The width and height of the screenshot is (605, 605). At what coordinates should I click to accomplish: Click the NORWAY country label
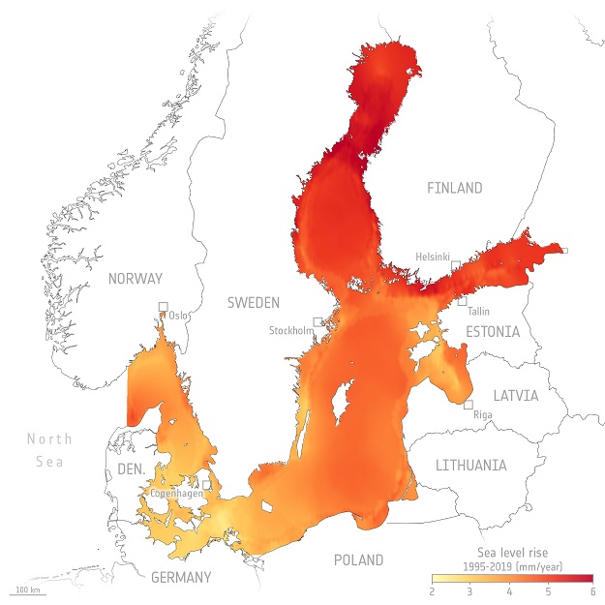(x=136, y=279)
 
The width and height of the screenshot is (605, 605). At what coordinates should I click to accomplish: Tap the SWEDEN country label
(x=254, y=303)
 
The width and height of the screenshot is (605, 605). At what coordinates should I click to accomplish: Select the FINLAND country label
(x=454, y=188)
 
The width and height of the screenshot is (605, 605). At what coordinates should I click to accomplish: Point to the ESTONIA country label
(x=493, y=332)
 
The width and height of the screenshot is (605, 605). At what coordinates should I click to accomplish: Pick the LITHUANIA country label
(x=470, y=466)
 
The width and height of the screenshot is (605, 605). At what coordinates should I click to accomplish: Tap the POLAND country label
(x=358, y=560)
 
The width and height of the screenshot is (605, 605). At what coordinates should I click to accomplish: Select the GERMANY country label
(x=181, y=578)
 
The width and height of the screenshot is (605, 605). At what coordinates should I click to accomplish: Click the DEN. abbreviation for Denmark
(x=131, y=469)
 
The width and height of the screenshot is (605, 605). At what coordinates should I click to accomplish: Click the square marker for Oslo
(x=164, y=309)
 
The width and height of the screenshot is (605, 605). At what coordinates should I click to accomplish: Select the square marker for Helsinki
(x=455, y=264)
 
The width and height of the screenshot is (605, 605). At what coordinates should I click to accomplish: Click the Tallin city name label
(x=478, y=312)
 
